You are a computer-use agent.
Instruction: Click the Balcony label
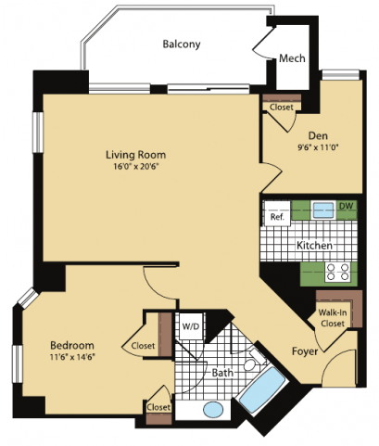coord(182,45)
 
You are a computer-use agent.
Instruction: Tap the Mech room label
coord(292,59)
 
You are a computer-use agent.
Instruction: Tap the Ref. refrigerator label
coord(276,217)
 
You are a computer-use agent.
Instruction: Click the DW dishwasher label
coord(346,206)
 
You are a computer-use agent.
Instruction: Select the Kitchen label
coord(314,247)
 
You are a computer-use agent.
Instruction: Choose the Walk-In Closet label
coord(333,318)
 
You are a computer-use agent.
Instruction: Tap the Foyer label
coord(306,351)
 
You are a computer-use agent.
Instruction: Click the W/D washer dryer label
coord(190,326)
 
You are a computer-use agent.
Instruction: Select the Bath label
coord(222,374)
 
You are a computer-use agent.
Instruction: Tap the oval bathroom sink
coord(214,409)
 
